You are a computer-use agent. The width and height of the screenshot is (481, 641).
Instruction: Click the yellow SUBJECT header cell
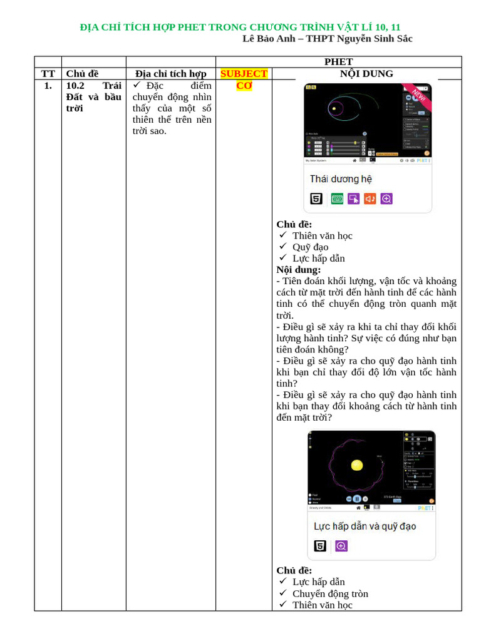[x=244, y=73]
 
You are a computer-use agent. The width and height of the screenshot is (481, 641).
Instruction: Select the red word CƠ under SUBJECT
[x=244, y=85]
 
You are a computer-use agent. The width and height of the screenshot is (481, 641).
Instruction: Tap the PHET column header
[x=338, y=61]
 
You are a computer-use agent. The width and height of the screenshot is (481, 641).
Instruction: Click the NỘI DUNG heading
[x=366, y=73]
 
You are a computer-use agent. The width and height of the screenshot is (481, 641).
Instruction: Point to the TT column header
[x=48, y=73]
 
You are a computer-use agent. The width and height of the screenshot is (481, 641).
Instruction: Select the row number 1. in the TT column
[x=48, y=85]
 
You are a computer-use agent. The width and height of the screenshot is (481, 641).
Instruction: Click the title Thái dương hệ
[x=341, y=179]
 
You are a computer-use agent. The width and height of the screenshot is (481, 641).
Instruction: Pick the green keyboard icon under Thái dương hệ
[x=337, y=198]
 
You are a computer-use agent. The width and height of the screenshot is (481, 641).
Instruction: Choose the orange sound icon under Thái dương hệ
[x=370, y=198]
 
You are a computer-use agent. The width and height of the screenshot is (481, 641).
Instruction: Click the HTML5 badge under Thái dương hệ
[x=317, y=198]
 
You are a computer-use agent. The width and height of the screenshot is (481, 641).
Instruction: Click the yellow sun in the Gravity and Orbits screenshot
[x=357, y=465]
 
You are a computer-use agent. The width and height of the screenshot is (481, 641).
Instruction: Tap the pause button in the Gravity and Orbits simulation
[x=356, y=499]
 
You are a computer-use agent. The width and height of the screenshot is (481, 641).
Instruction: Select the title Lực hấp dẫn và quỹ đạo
[x=365, y=526]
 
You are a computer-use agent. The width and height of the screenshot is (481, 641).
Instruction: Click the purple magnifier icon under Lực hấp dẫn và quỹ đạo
[x=341, y=546]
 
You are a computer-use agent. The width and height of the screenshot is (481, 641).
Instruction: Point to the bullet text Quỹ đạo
[x=310, y=247]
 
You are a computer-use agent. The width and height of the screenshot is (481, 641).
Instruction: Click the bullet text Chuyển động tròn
[x=330, y=593]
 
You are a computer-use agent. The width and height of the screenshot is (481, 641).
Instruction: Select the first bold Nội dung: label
[x=299, y=270]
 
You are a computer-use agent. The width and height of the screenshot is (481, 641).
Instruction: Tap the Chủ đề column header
[x=82, y=73]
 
